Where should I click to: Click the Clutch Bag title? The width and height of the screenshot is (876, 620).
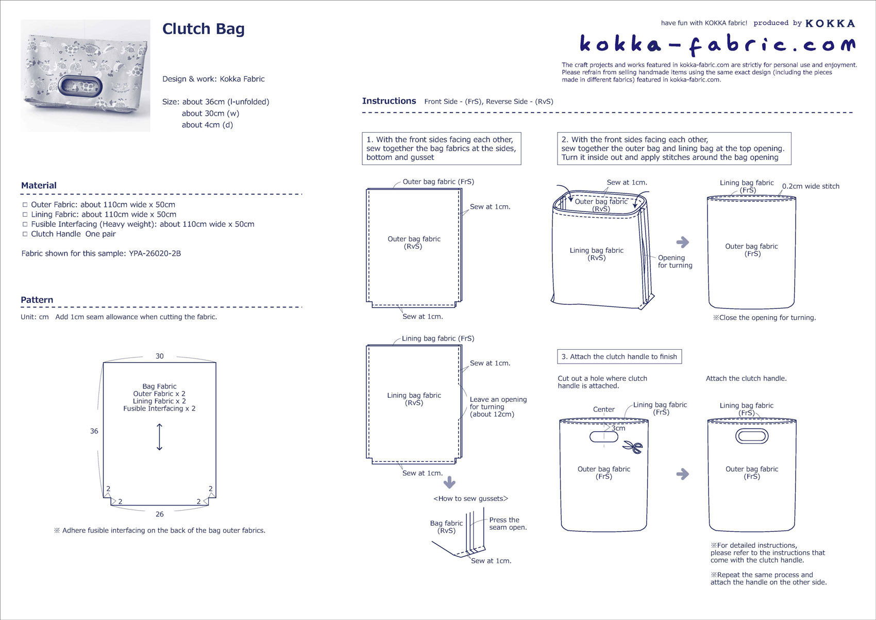click(x=203, y=29)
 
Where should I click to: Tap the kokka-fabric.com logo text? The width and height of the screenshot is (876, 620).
click(x=717, y=45)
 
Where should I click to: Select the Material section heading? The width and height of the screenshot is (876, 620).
click(x=39, y=185)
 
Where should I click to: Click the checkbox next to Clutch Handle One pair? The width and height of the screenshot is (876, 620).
click(x=25, y=234)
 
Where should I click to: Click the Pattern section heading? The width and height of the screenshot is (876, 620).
click(x=37, y=300)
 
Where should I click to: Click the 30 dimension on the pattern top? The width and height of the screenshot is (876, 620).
click(x=160, y=356)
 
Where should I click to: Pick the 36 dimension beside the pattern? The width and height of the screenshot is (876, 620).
click(x=94, y=431)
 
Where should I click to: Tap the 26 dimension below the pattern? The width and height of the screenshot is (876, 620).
click(x=160, y=514)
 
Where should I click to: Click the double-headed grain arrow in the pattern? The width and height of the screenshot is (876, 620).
click(x=159, y=437)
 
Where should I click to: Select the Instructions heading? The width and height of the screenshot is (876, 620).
click(x=389, y=101)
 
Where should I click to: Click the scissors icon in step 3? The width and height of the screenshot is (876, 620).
click(x=633, y=447)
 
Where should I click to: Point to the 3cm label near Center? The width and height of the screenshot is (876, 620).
click(x=618, y=428)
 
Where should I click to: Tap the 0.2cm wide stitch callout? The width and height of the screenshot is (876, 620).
click(x=811, y=186)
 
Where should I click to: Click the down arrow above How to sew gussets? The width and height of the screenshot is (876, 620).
click(x=449, y=482)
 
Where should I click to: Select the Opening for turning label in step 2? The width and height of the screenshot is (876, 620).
click(x=675, y=262)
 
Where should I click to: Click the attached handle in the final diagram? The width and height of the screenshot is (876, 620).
click(x=752, y=436)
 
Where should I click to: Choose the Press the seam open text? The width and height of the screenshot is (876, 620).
click(x=508, y=524)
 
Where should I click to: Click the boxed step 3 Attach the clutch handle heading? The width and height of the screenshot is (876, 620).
click(x=619, y=356)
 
